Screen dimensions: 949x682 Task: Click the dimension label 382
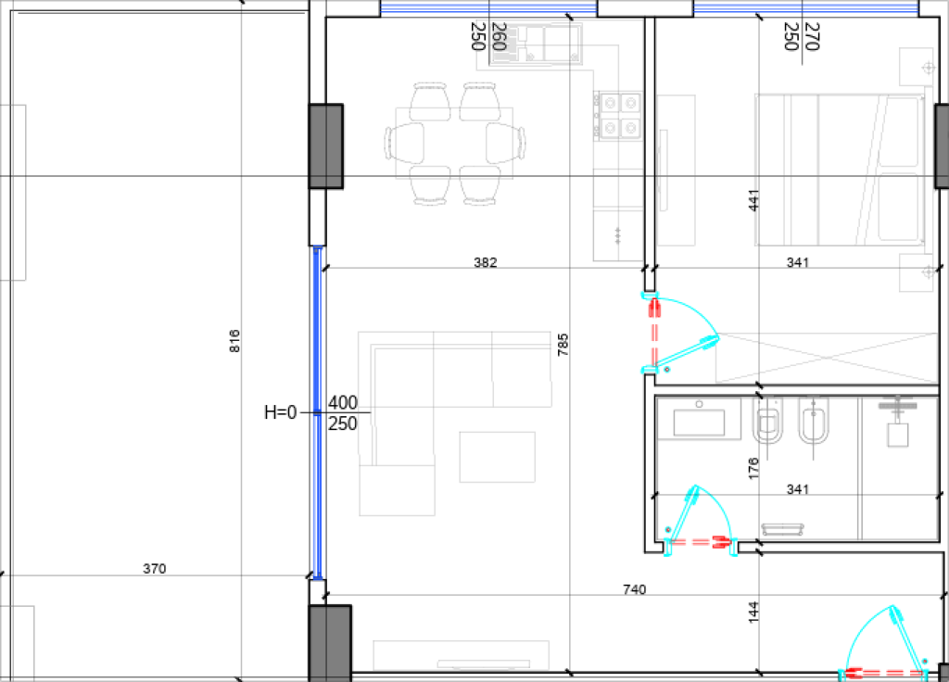click(486, 262)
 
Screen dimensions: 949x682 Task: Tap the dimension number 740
click(634, 588)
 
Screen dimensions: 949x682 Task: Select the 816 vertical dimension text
click(234, 341)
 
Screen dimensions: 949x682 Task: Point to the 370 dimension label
click(155, 568)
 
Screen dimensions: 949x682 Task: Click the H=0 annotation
click(281, 412)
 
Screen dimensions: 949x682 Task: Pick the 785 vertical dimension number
click(563, 345)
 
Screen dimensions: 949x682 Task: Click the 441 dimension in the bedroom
click(753, 200)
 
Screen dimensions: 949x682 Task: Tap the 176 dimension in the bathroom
click(753, 468)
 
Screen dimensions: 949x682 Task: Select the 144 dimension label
click(753, 612)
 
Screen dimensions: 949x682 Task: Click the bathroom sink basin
click(699, 422)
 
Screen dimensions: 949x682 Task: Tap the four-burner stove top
click(617, 115)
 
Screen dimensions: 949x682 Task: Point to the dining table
click(454, 144)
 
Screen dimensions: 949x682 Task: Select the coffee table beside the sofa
click(498, 457)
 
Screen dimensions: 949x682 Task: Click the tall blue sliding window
click(317, 412)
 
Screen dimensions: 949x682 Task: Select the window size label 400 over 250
click(343, 412)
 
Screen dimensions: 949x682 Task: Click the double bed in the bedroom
click(840, 170)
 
